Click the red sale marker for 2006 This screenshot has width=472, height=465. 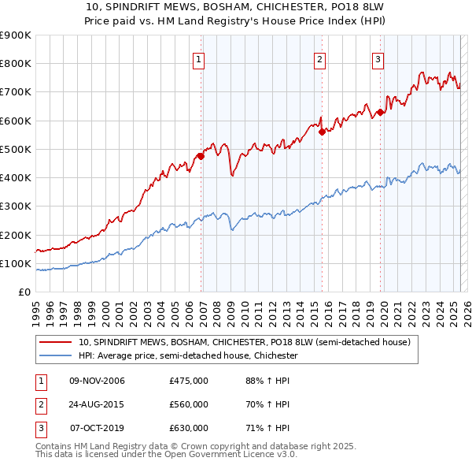[201, 156]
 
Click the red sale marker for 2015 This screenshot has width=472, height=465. [322, 132]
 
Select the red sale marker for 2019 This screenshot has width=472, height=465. [380, 112]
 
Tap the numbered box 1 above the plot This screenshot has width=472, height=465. [198, 58]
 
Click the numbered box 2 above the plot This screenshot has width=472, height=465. [320, 58]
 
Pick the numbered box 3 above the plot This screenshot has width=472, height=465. [378, 58]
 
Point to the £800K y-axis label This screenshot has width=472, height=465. [16, 64]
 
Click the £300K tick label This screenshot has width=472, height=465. [16, 206]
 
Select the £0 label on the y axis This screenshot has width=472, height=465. [24, 292]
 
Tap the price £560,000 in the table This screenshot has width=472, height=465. [189, 404]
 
